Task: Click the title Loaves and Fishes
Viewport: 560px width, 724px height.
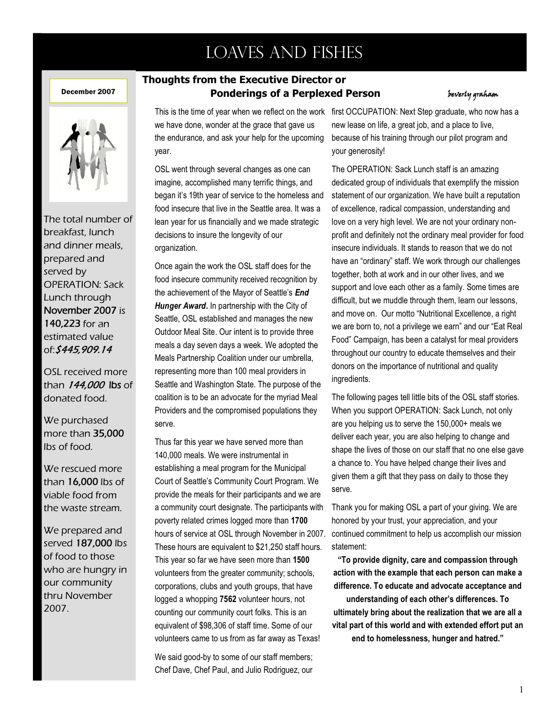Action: point(284,53)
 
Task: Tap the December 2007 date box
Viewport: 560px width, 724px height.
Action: point(88,91)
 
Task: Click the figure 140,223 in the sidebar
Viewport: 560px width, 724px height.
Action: point(62,324)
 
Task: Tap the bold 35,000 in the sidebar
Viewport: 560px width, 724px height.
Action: point(108,433)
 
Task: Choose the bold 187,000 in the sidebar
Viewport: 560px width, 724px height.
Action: point(94,543)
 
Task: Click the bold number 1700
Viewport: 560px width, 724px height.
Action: point(299,521)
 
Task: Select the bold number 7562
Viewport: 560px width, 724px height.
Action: point(228,599)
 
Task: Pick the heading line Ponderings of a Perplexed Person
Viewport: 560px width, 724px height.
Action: point(295,94)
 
